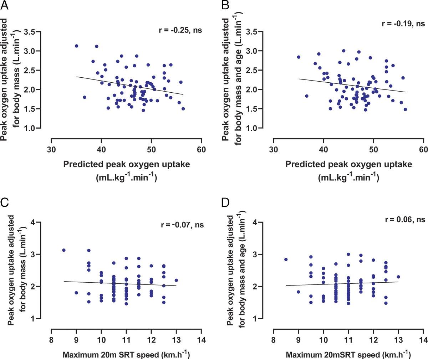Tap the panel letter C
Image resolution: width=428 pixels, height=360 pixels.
(5, 203)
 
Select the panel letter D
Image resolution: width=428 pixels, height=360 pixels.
(226, 203)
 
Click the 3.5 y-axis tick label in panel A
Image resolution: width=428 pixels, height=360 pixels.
(30, 32)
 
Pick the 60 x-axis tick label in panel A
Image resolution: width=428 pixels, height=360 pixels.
(201, 150)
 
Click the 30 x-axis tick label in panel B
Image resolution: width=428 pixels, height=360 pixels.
(274, 150)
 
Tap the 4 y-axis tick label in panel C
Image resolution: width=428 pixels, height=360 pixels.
(33, 222)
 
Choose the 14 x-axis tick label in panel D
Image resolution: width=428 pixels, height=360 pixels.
(423, 340)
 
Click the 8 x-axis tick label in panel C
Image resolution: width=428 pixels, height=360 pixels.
(51, 340)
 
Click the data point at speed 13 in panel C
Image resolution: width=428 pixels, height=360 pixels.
(176, 280)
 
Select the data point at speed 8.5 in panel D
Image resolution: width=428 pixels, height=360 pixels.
(286, 259)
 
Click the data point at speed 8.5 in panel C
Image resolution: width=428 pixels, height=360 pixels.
(64, 250)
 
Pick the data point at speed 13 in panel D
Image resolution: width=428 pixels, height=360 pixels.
(398, 277)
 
